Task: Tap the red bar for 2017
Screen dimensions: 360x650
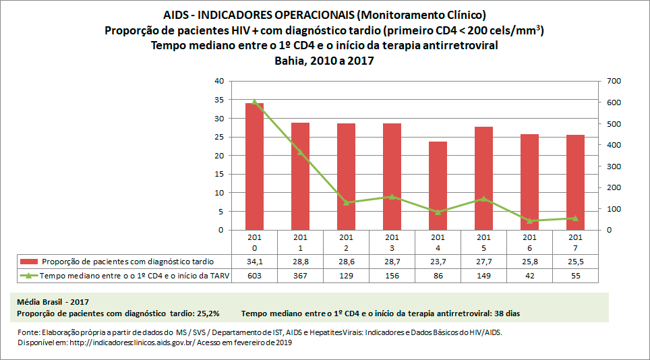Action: coord(575,183)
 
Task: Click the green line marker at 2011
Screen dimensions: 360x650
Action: coord(300,152)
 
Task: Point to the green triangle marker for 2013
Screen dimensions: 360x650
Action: coord(392,197)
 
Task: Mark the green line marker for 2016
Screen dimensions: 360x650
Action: coord(529,220)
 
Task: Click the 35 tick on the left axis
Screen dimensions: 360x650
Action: coord(218,100)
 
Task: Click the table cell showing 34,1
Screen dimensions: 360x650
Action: coord(254,262)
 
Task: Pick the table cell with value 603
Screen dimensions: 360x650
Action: coord(254,276)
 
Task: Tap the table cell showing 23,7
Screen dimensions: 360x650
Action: coord(438,262)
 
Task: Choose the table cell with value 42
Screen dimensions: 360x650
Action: coord(529,276)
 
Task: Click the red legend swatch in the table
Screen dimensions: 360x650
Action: coord(29,262)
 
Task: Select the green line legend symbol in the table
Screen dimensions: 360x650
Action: coord(29,276)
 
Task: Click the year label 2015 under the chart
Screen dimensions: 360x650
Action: coord(483,242)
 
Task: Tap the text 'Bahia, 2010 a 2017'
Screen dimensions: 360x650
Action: coord(324,61)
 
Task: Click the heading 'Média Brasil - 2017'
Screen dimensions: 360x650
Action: coord(53,301)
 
